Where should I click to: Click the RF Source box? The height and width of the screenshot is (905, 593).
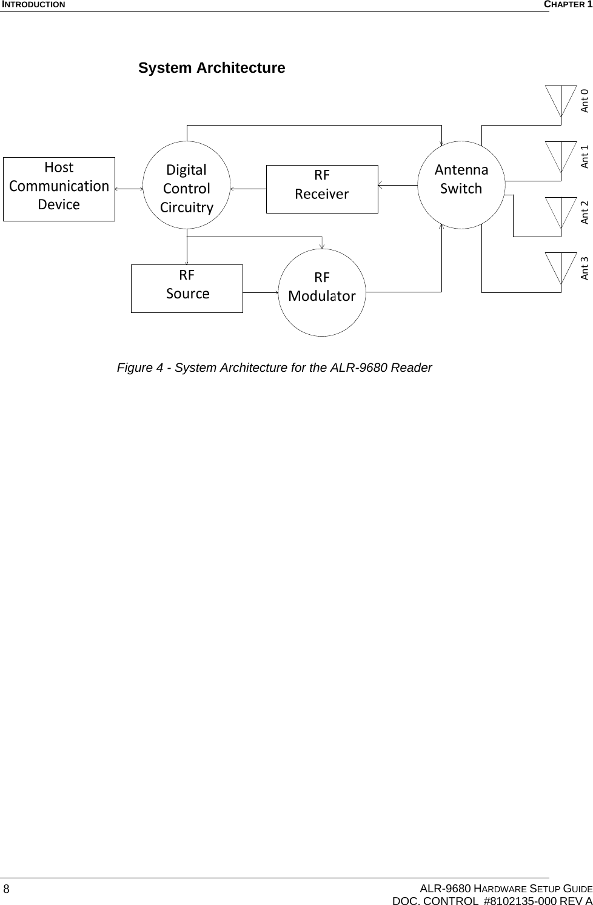pyautogui.click(x=187, y=288)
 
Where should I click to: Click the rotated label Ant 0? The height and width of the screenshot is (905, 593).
pyautogui.click(x=585, y=101)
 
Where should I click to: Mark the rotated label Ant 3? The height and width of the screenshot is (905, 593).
pyautogui.click(x=585, y=268)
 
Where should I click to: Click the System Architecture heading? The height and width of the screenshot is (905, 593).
pyautogui.click(x=212, y=68)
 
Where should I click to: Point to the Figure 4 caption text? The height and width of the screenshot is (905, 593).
pyautogui.click(x=274, y=368)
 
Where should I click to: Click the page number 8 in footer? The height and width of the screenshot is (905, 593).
pyautogui.click(x=6, y=889)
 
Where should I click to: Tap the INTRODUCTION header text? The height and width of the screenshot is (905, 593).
pyautogui.click(x=33, y=5)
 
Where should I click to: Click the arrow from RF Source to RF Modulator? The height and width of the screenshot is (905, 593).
pyautogui.click(x=260, y=292)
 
